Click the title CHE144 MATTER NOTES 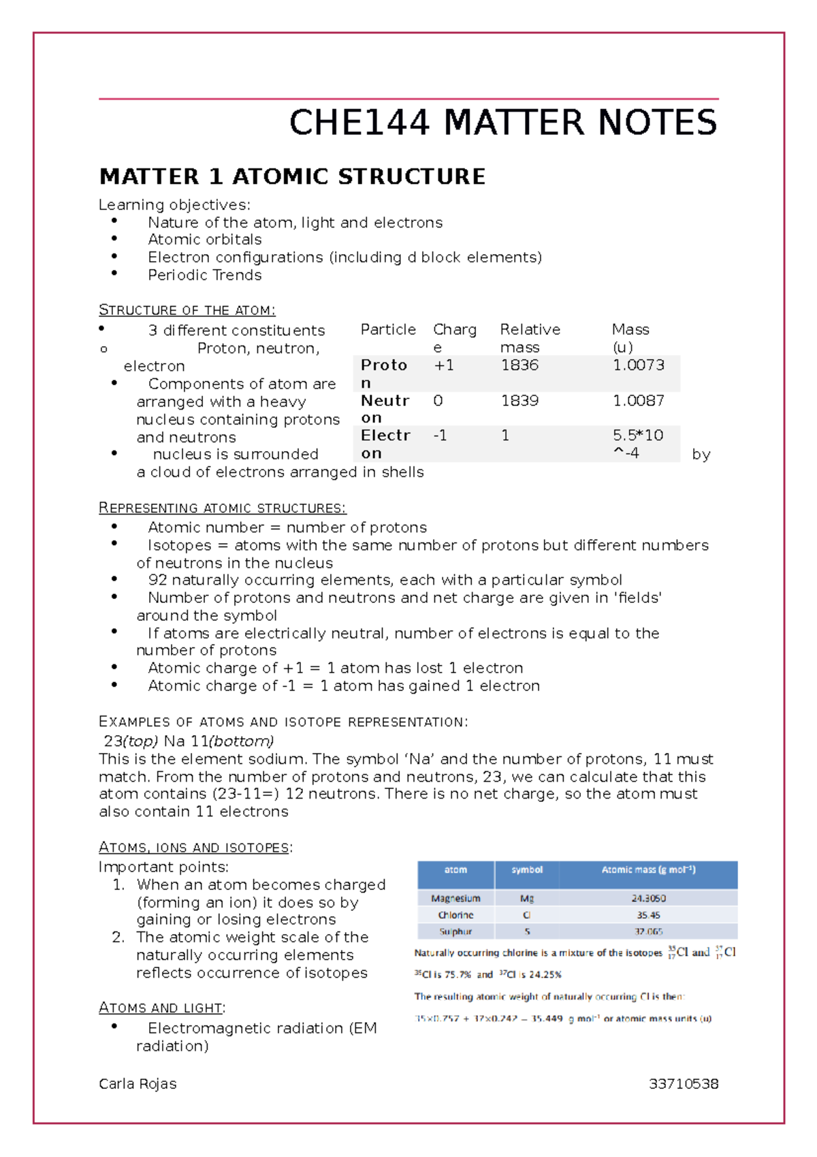tap(502, 123)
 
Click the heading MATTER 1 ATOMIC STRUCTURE tap(292, 176)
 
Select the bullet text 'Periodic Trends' tap(204, 275)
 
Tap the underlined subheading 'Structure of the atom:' tap(187, 310)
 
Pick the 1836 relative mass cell tap(519, 365)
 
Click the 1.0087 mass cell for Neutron tap(638, 401)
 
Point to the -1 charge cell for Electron tap(440, 435)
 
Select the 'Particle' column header tap(388, 330)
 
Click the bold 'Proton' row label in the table tap(383, 366)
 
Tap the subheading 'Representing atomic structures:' tap(222, 508)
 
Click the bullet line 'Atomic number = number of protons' tap(287, 527)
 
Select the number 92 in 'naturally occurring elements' tap(157, 580)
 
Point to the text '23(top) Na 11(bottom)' tap(189, 741)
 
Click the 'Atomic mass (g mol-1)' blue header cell tap(647, 870)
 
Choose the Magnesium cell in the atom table tap(455, 899)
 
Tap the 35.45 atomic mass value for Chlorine tap(648, 915)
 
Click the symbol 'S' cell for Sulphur tap(527, 931)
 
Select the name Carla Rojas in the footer tap(138, 1083)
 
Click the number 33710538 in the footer tap(683, 1083)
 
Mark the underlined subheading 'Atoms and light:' tap(162, 1008)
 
